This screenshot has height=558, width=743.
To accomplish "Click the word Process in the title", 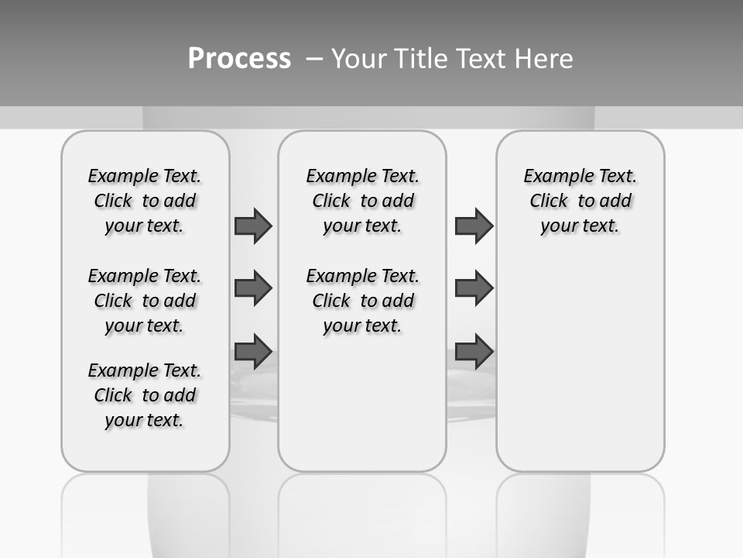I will (x=239, y=59).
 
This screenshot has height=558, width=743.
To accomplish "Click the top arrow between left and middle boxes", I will (x=253, y=226).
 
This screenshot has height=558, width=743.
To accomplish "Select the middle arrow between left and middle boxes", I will (x=253, y=288).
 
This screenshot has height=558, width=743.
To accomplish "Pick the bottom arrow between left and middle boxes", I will (x=253, y=351).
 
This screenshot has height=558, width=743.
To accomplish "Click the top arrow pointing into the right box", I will (x=474, y=226).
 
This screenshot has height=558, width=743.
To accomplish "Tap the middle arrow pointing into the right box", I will (x=474, y=288).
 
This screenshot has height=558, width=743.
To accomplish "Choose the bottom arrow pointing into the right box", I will (x=474, y=351).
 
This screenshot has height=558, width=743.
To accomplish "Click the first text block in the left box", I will (x=145, y=201).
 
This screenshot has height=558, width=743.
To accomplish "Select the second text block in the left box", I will (x=145, y=301).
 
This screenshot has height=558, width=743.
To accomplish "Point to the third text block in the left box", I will (x=145, y=395).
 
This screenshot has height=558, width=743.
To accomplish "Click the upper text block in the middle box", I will (x=363, y=201).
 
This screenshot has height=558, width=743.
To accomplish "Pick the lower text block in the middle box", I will (x=363, y=301).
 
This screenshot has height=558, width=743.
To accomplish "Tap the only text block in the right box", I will (x=580, y=201).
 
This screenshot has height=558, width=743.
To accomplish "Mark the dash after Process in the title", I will (x=313, y=59).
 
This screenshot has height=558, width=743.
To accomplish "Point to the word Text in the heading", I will (x=479, y=59).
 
